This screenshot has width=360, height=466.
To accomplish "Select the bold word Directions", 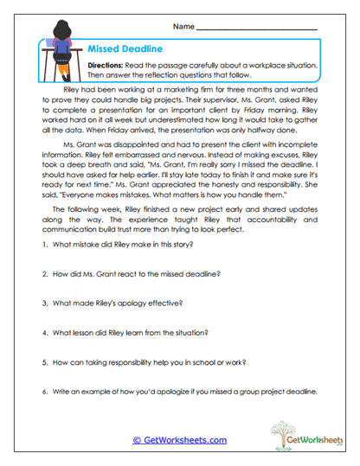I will click(109, 66).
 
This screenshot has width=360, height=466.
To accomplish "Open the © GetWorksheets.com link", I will click(179, 439).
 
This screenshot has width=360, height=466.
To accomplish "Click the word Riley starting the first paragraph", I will click(74, 88).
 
